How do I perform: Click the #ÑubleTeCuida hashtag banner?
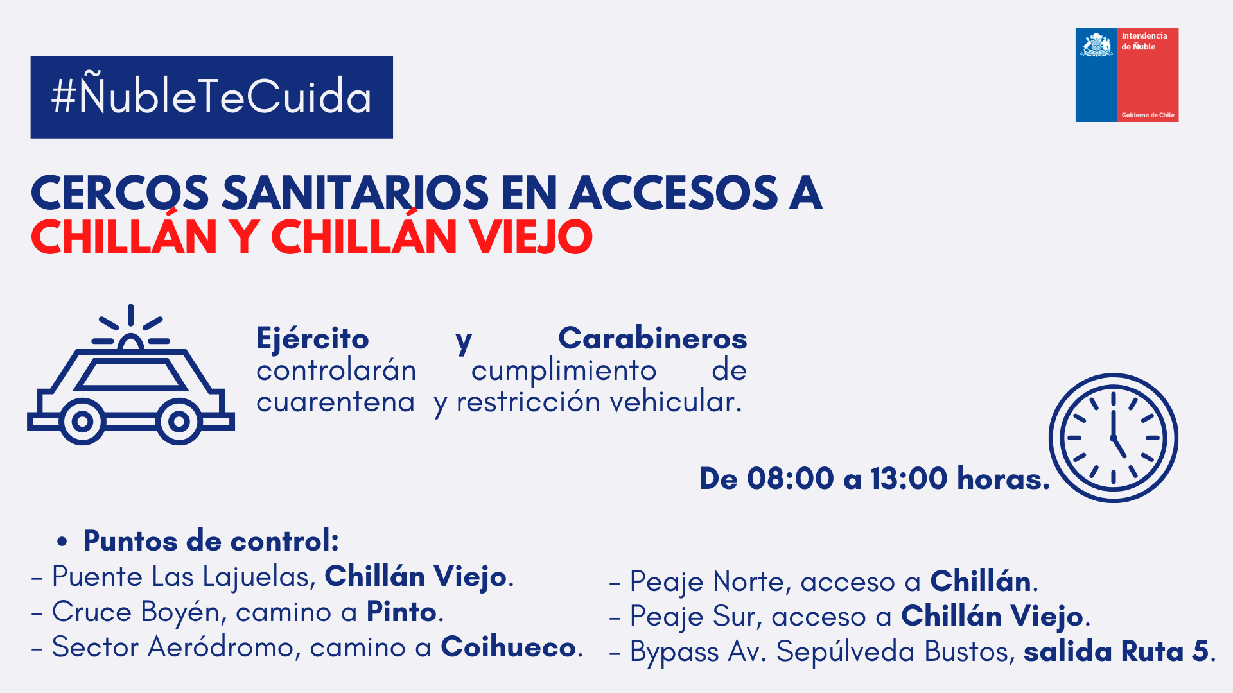[211, 97]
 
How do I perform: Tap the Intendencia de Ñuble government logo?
[1127, 75]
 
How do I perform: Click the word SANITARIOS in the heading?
[355, 193]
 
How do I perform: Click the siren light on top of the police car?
[131, 343]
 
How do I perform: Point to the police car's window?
[131, 375]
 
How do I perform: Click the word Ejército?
[313, 338]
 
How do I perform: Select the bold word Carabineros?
[652, 338]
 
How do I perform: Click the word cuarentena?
[335, 402]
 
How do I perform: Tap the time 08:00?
[791, 478]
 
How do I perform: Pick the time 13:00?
[909, 478]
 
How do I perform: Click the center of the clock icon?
[1114, 438]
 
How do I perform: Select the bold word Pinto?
[401, 612]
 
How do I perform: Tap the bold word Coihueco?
[508, 647]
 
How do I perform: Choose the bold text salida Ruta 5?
[1116, 651]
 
